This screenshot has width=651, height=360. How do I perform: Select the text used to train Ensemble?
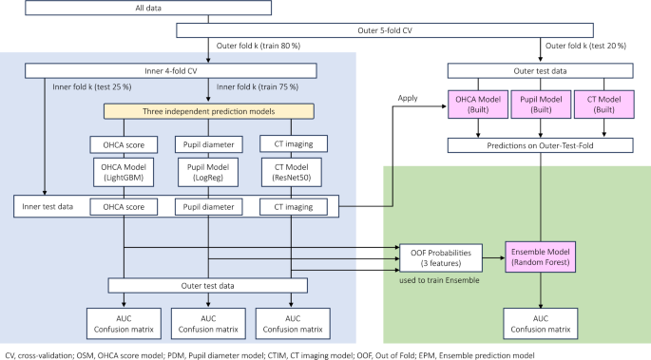(x=439, y=281)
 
